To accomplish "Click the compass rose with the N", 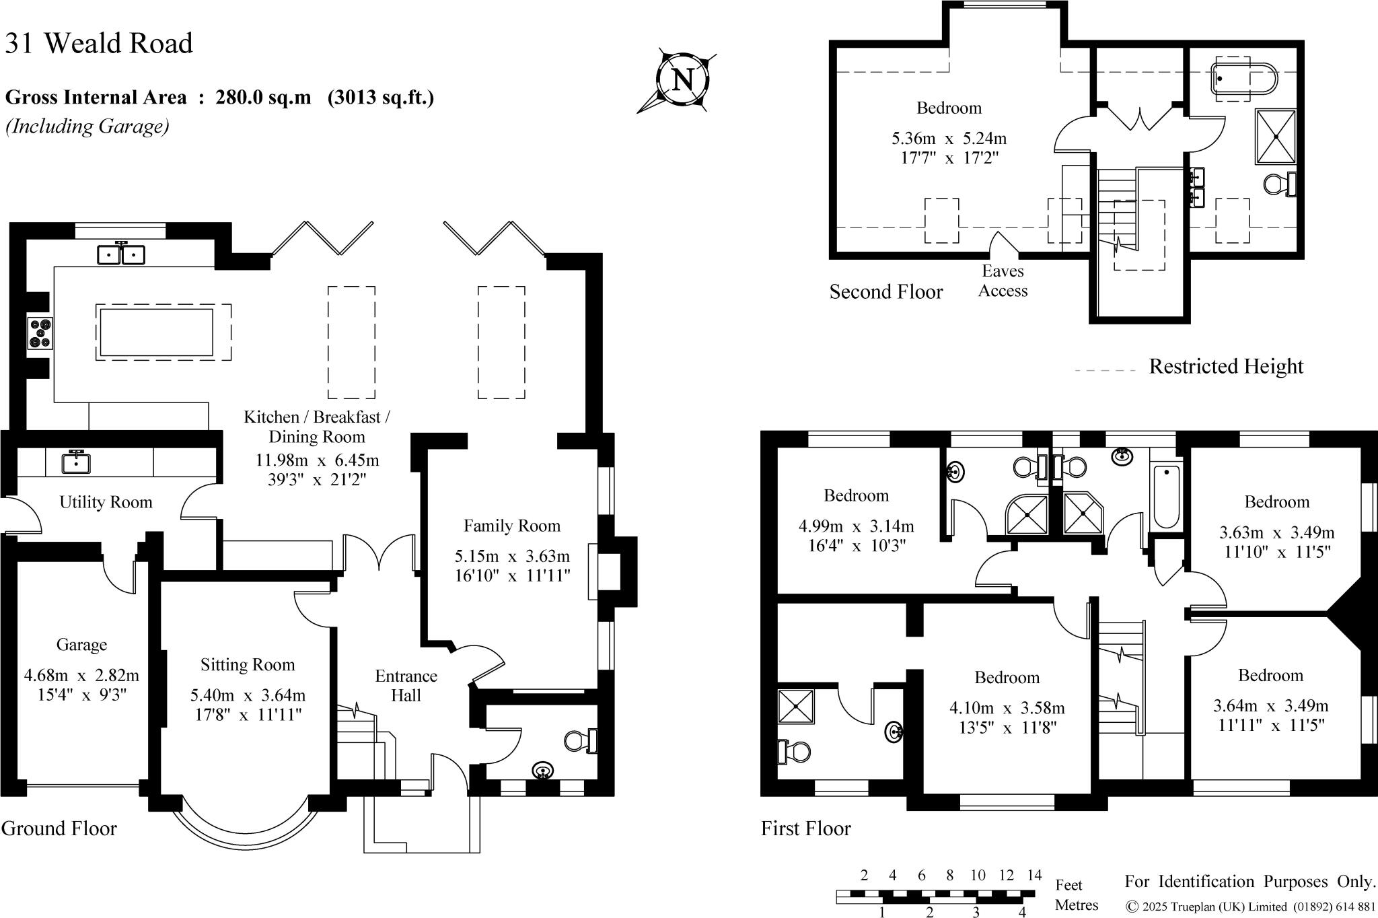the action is [682, 80].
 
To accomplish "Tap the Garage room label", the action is [81, 645].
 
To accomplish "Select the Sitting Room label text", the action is [248, 665].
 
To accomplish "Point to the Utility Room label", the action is [106, 502].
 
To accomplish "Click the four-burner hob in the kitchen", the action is [40, 332].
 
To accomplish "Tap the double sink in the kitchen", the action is [121, 254].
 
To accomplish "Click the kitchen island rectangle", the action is [155, 332].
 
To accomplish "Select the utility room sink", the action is [76, 462].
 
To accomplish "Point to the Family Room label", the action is [511, 526].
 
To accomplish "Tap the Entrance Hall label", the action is [406, 686].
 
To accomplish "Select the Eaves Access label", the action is [1003, 281].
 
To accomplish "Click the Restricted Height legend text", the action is [1226, 366].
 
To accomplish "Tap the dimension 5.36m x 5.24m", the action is [949, 139].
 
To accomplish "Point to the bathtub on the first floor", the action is [1167, 496].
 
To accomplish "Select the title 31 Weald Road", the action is [99, 44].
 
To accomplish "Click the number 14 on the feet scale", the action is [1034, 875].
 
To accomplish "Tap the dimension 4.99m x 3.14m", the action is [856, 526].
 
